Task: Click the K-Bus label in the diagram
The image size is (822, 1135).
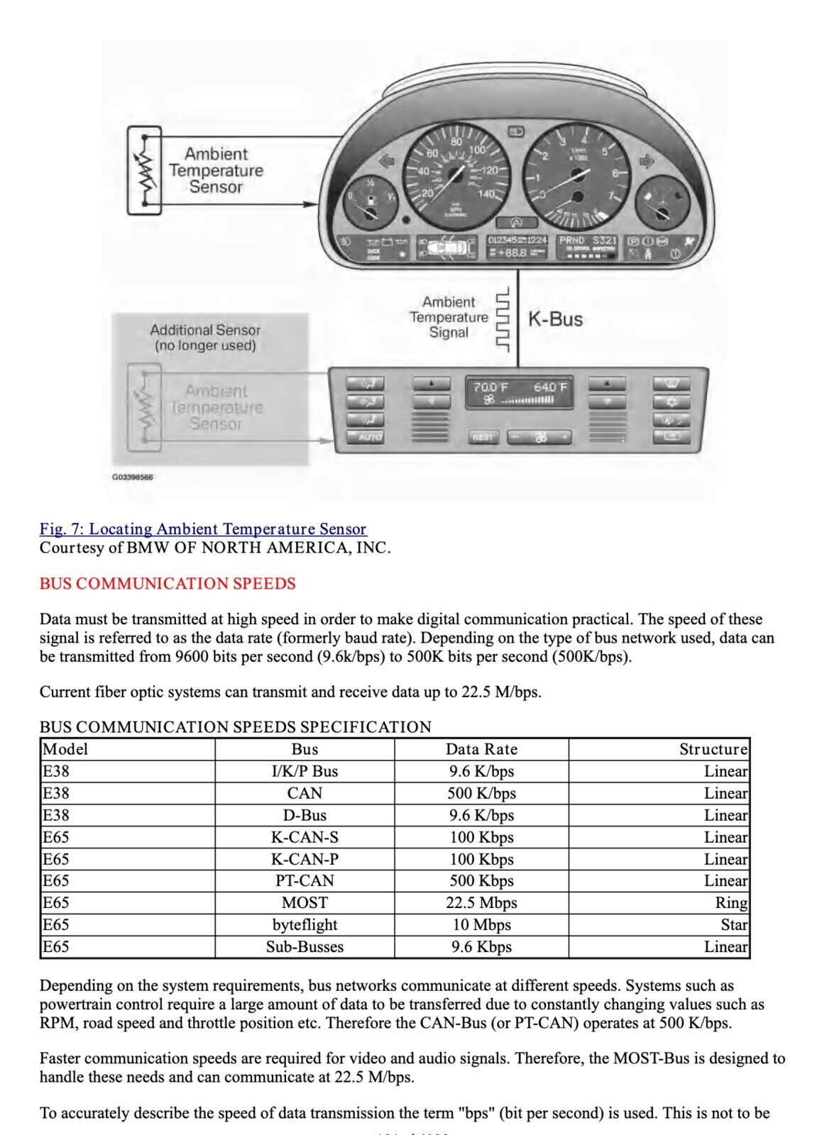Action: coord(555,319)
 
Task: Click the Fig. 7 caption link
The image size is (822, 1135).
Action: coord(203,529)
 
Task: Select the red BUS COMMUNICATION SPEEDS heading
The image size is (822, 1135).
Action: coord(168,584)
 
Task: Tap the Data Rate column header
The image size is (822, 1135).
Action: coord(481,750)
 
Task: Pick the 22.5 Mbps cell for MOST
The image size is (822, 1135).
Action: coord(481,903)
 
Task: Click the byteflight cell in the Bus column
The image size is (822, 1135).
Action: coord(305,925)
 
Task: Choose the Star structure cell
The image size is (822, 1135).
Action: coord(734,925)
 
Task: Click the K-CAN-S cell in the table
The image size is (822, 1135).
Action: coord(305,838)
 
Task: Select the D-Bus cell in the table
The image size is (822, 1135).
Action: coord(305,816)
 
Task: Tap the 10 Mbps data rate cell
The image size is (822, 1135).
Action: coord(481,925)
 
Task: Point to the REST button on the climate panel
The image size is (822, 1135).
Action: coord(483,437)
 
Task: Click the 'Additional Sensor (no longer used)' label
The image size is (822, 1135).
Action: coord(205,338)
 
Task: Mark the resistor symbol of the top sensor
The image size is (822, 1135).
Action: coord(146,170)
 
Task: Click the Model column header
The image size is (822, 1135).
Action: coord(65,750)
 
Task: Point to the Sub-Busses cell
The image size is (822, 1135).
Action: coord(305,947)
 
